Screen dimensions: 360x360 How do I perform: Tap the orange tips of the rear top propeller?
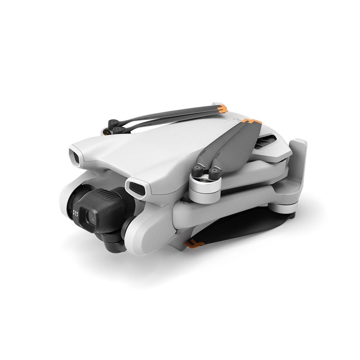click(222, 107)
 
